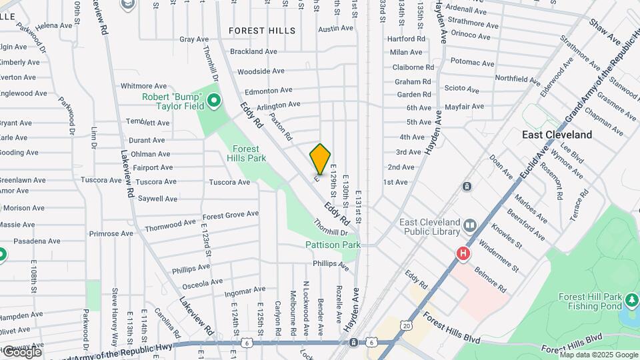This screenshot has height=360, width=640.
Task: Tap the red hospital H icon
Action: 462,254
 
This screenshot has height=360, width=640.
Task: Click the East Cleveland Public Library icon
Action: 471,225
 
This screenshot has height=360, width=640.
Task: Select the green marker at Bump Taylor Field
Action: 214,101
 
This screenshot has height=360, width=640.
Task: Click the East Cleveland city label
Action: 557,135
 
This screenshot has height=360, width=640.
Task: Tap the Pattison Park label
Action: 333,245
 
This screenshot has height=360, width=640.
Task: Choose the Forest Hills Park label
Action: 249,153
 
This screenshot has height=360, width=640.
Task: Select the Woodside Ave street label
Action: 261,71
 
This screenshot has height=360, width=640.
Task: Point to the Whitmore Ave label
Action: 143,86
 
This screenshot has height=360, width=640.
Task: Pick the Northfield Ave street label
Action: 517,79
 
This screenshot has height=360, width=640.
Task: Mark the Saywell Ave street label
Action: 157,199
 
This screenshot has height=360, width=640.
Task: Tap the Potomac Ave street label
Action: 473,63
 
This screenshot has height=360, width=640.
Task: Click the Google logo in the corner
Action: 21,352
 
